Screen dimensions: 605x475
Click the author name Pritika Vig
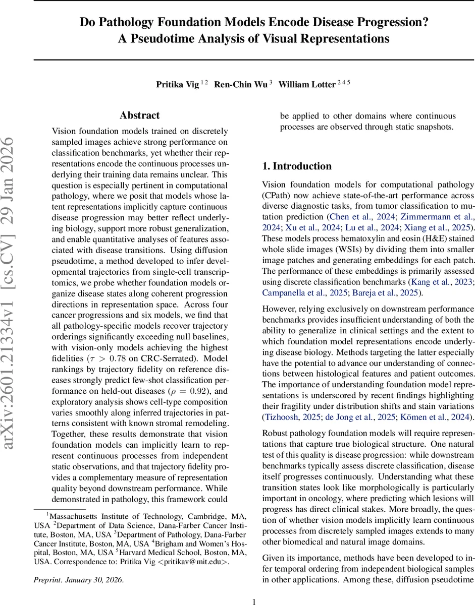tap(177, 85)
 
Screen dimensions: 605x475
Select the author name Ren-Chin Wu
tap(240, 85)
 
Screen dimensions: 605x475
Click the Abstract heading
tap(140, 115)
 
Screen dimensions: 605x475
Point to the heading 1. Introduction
tap(297, 166)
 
